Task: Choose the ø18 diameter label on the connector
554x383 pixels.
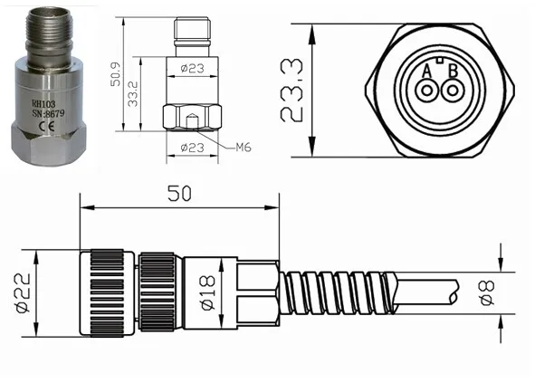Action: [x=205, y=292]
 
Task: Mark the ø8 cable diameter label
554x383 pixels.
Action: [x=486, y=292]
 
